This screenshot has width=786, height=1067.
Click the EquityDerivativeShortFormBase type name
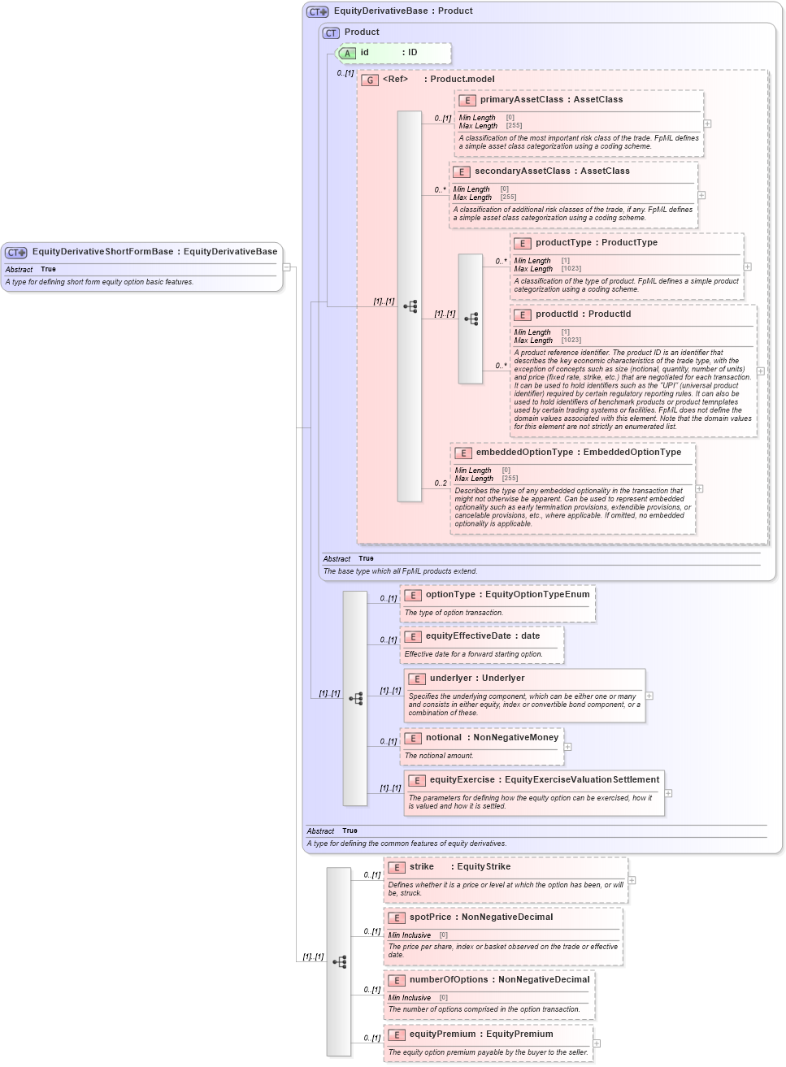pyautogui.click(x=102, y=252)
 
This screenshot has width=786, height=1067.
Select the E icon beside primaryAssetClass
pyautogui.click(x=467, y=101)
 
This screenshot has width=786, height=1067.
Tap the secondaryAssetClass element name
pyautogui.click(x=522, y=171)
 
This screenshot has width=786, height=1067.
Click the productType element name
pyautogui.click(x=563, y=243)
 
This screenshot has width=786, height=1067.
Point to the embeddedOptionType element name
pyautogui.click(x=524, y=453)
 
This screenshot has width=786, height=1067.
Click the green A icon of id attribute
pyautogui.click(x=347, y=54)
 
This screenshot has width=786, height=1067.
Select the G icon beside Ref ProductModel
pyautogui.click(x=370, y=80)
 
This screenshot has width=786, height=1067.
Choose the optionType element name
pyautogui.click(x=450, y=595)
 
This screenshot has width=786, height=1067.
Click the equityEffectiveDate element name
pyautogui.click(x=467, y=636)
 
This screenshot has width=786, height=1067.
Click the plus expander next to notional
pyautogui.click(x=567, y=747)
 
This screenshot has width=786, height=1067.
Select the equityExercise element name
pyautogui.click(x=462, y=780)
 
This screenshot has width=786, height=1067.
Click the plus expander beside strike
pyautogui.click(x=632, y=880)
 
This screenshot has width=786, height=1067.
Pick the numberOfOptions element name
pyautogui.click(x=449, y=980)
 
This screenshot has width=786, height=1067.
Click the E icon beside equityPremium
pyautogui.click(x=397, y=1035)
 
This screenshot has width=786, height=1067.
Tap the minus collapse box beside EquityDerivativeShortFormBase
pyautogui.click(x=286, y=267)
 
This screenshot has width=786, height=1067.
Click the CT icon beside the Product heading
pyautogui.click(x=331, y=33)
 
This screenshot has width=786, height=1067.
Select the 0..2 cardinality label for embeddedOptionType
pyautogui.click(x=440, y=484)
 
